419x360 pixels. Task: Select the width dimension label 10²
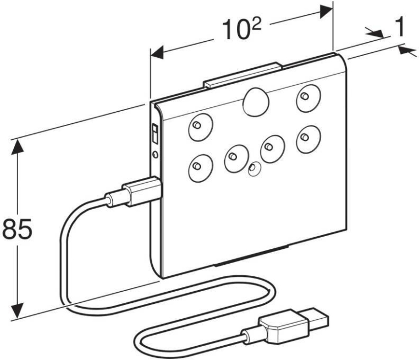240,31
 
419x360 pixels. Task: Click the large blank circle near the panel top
256,103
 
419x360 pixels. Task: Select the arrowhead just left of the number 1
376,35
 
